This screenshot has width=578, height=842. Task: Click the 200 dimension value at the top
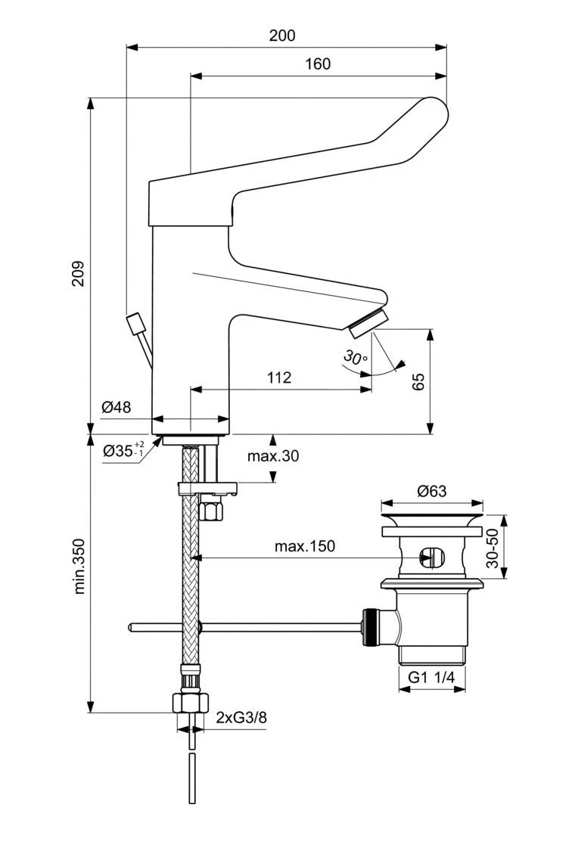(281, 35)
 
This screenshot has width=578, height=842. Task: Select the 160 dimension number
(318, 64)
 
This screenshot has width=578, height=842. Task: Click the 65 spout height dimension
(418, 381)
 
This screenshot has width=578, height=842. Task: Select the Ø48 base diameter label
(116, 407)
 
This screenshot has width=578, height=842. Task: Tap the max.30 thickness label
(272, 456)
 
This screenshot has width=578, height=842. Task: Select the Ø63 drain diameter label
(431, 491)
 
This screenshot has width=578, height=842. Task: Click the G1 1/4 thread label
(431, 678)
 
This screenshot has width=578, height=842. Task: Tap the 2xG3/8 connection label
(241, 717)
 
